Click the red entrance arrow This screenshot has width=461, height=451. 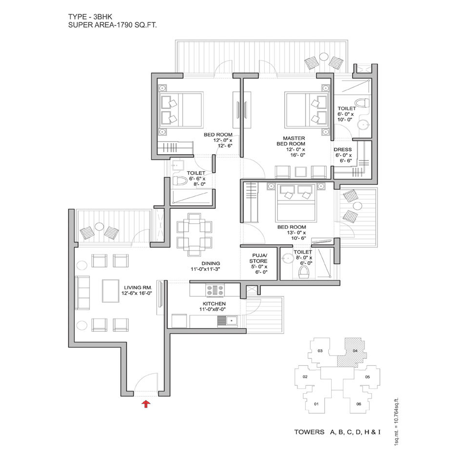[146, 404]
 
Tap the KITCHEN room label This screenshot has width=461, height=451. [214, 304]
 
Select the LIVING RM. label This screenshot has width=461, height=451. [138, 288]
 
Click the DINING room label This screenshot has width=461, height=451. [210, 264]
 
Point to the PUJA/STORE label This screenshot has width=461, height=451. [258, 258]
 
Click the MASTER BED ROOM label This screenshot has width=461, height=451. [291, 141]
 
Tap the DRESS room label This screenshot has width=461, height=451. [342, 149]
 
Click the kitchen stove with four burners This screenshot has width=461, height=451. [215, 290]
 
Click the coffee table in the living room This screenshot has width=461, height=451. [111, 291]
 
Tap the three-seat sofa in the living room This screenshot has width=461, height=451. [82, 292]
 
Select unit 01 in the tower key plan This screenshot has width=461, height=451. [316, 404]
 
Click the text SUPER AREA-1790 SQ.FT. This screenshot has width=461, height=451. [113, 25]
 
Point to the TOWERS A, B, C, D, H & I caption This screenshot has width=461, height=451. [338, 432]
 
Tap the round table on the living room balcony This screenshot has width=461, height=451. [99, 227]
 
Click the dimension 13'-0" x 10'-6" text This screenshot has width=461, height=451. [296, 235]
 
